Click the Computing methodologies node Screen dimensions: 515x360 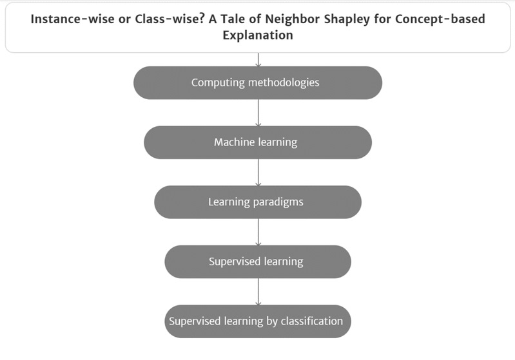pyautogui.click(x=258, y=82)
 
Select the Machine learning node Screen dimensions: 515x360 pyautogui.click(x=258, y=142)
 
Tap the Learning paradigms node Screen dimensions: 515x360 pyautogui.click(x=258, y=202)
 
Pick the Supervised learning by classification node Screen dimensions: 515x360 pyautogui.click(x=258, y=321)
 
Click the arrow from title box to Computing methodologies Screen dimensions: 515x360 pyautogui.click(x=258, y=60)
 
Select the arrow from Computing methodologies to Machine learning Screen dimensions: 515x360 pyautogui.click(x=258, y=113)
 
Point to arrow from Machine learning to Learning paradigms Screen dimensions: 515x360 pyautogui.click(x=258, y=173)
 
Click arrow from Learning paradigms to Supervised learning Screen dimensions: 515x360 pyautogui.click(x=258, y=232)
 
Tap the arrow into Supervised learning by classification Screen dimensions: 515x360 pyautogui.click(x=258, y=292)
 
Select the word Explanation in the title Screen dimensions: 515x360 pyautogui.click(x=258, y=35)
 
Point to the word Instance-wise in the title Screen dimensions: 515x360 pyautogui.click(x=72, y=19)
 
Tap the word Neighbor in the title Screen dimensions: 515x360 pyautogui.click(x=293, y=19)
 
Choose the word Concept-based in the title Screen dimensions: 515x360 pyautogui.click(x=440, y=19)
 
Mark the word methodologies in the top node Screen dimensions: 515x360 pyautogui.click(x=284, y=82)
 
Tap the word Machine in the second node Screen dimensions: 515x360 pyautogui.click(x=234, y=142)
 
